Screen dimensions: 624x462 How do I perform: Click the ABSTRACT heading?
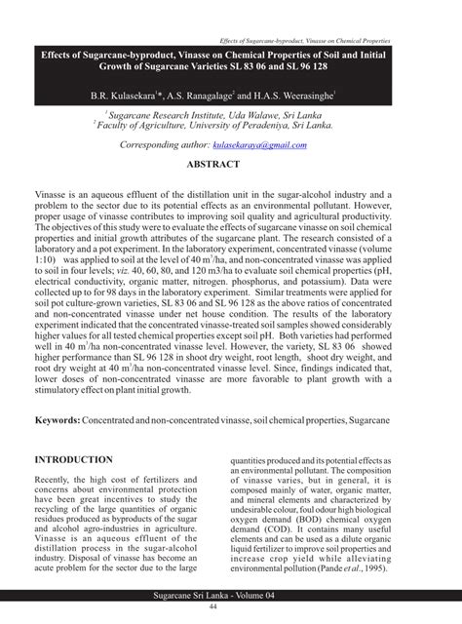[230, 166]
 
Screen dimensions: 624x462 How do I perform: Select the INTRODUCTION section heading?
[80, 457]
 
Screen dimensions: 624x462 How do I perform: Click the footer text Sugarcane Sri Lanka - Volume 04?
[230, 594]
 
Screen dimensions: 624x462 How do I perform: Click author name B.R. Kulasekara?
[127, 97]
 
